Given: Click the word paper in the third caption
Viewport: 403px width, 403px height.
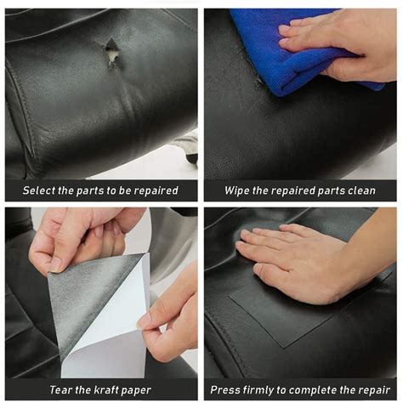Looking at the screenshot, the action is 136,391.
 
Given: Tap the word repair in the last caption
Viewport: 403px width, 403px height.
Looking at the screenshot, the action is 375,390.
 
